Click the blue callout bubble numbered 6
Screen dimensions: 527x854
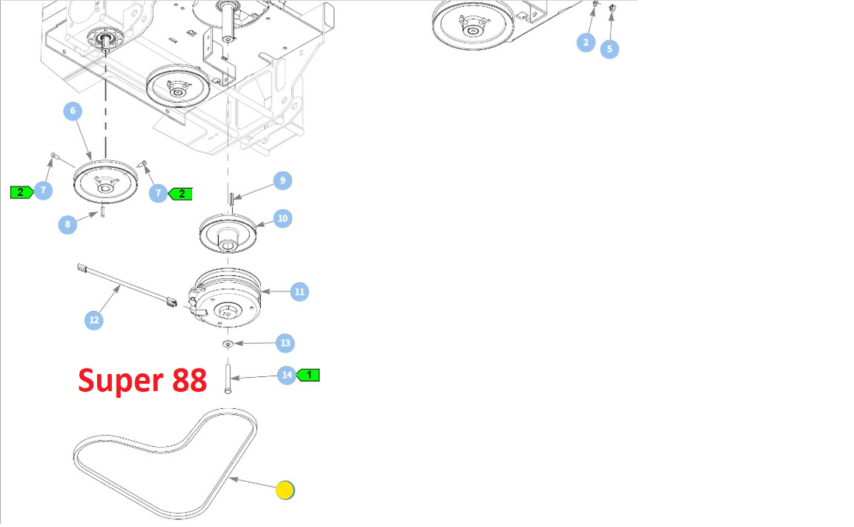coord(73,111)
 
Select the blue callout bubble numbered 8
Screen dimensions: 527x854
coord(68,225)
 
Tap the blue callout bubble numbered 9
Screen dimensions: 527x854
coord(282,180)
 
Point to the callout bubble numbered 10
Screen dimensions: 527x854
coord(283,218)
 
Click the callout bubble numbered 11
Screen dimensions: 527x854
coord(300,292)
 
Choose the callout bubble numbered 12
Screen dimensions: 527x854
coord(94,319)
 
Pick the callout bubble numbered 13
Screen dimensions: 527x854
coord(285,343)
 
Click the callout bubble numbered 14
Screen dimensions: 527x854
coord(287,375)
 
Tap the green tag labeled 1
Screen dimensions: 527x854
coord(309,375)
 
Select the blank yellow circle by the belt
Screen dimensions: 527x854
coord(286,490)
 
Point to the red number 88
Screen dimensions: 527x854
coord(186,380)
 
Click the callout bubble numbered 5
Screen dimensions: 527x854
coord(609,49)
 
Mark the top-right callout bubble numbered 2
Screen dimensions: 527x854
coord(586,42)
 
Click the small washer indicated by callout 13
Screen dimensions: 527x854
coord(228,344)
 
